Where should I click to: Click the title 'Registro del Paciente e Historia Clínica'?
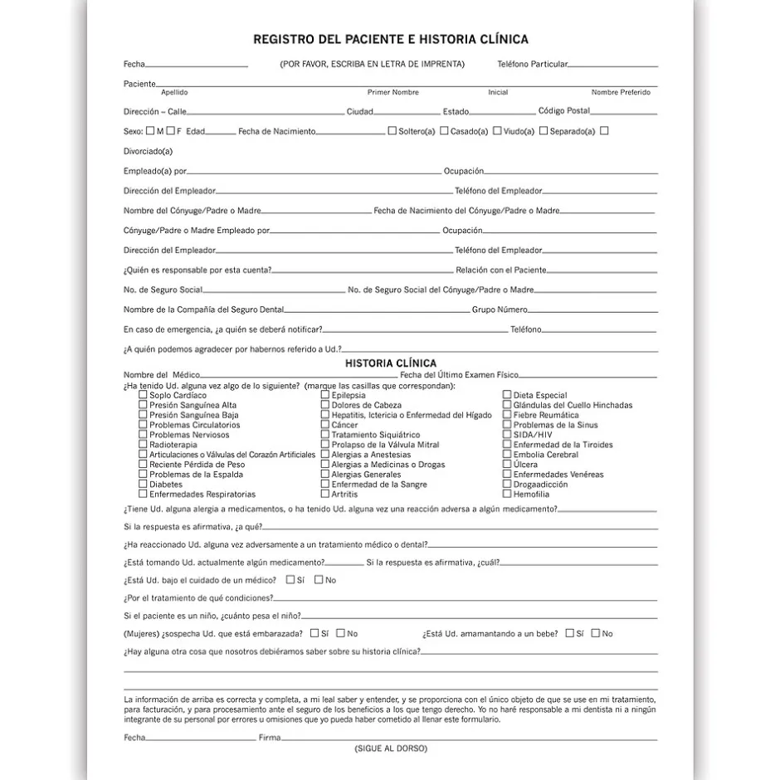pyautogui.click(x=390, y=39)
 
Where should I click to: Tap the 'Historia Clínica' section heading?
pyautogui.click(x=390, y=363)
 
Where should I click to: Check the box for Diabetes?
pyautogui.click(x=144, y=485)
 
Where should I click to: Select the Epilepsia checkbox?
pyautogui.click(x=325, y=395)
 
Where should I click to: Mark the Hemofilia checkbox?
pyautogui.click(x=507, y=495)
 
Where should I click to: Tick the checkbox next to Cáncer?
pyautogui.click(x=325, y=425)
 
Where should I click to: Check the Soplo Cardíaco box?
pyautogui.click(x=144, y=395)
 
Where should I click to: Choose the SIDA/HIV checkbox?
pyautogui.click(x=507, y=435)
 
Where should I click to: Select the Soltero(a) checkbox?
pyautogui.click(x=392, y=131)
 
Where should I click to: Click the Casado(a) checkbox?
pyautogui.click(x=444, y=131)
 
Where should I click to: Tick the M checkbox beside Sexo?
pyautogui.click(x=150, y=131)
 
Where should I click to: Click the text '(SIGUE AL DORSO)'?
pyautogui.click(x=390, y=748)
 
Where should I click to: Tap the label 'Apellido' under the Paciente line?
pyautogui.click(x=174, y=93)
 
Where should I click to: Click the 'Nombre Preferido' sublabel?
pyautogui.click(x=621, y=93)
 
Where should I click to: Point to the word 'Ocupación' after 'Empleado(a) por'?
pyautogui.click(x=463, y=171)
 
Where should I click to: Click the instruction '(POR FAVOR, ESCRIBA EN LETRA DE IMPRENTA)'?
pyautogui.click(x=372, y=64)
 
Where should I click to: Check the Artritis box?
pyautogui.click(x=325, y=495)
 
